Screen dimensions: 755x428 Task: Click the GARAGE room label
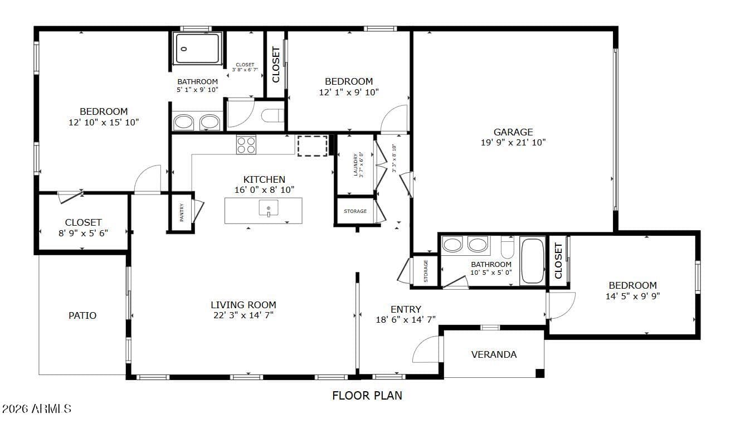pyautogui.click(x=513, y=132)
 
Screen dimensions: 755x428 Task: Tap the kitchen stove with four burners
pyautogui.click(x=246, y=144)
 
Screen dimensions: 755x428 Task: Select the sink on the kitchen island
pyautogui.click(x=269, y=208)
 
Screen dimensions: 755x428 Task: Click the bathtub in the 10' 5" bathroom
pyautogui.click(x=532, y=260)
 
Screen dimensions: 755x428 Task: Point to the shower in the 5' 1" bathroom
pyautogui.click(x=197, y=48)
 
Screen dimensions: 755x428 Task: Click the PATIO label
pyautogui.click(x=82, y=315)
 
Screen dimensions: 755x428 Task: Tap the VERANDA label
pyautogui.click(x=494, y=354)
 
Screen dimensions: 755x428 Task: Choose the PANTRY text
pyautogui.click(x=182, y=212)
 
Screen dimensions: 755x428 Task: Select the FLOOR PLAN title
pyautogui.click(x=367, y=395)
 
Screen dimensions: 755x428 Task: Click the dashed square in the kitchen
pyautogui.click(x=312, y=146)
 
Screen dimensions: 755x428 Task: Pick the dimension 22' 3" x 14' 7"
pyautogui.click(x=243, y=315)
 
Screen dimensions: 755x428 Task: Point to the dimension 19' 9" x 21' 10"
pyautogui.click(x=513, y=143)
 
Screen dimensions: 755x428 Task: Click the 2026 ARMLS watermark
pyautogui.click(x=36, y=409)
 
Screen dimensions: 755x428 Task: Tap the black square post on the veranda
pyautogui.click(x=540, y=373)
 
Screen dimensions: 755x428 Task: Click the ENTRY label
pyautogui.click(x=406, y=309)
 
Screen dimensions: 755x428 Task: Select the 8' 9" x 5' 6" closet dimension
pyautogui.click(x=83, y=233)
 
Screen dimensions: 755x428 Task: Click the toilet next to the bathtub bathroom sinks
pyautogui.click(x=507, y=247)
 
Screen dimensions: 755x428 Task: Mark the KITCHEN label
pyautogui.click(x=264, y=179)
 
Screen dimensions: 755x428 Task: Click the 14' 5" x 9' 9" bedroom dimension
pyautogui.click(x=632, y=296)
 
